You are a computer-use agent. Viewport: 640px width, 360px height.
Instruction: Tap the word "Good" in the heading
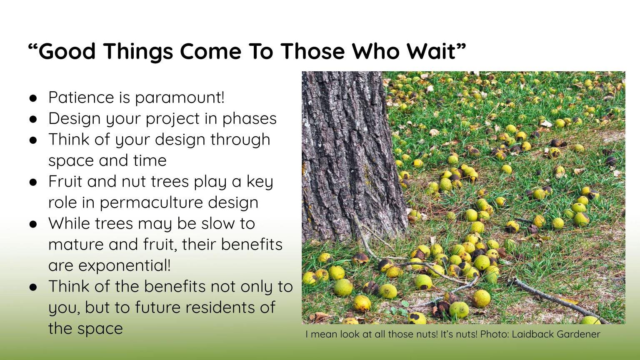[67, 52]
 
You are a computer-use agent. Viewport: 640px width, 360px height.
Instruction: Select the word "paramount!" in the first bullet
[180, 98]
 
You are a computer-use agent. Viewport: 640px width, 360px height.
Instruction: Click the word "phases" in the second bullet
[250, 119]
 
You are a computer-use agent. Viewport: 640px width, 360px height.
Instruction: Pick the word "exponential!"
[124, 266]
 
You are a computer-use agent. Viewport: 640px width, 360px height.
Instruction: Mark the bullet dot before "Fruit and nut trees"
[33, 182]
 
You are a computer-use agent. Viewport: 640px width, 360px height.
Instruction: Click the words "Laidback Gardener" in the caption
[556, 334]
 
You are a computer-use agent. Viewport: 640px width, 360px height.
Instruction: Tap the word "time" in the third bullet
[150, 160]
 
